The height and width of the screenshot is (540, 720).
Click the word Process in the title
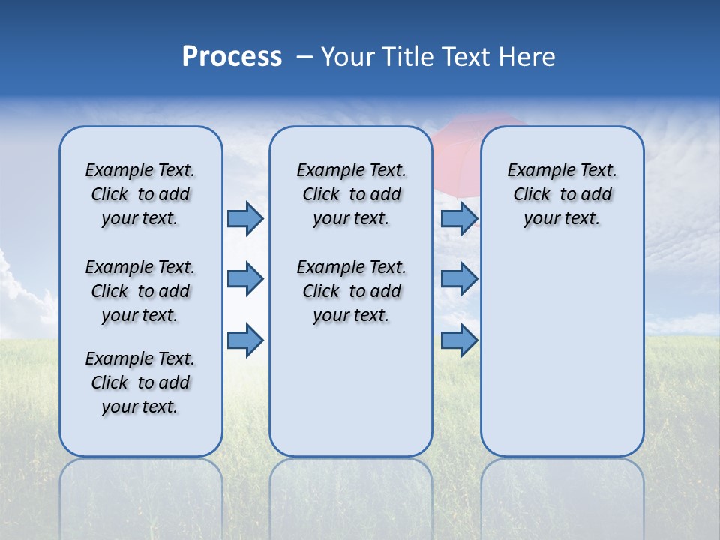232,57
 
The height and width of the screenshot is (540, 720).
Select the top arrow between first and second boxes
245,219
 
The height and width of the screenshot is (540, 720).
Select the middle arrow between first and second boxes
245,279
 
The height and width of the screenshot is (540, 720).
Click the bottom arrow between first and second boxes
245,340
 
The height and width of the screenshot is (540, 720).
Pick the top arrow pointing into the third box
459,219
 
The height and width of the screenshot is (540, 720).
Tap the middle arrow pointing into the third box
459,279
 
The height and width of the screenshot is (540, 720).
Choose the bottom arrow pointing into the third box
459,340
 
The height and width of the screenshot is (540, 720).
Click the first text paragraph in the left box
140,194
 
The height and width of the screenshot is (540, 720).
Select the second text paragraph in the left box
140,291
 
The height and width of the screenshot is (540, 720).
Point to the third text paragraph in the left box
140,382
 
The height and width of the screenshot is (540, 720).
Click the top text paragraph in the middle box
351,194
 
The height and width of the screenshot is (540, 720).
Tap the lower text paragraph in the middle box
351,291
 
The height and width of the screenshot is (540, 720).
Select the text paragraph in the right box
562,194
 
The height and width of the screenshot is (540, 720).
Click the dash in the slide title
304,57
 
